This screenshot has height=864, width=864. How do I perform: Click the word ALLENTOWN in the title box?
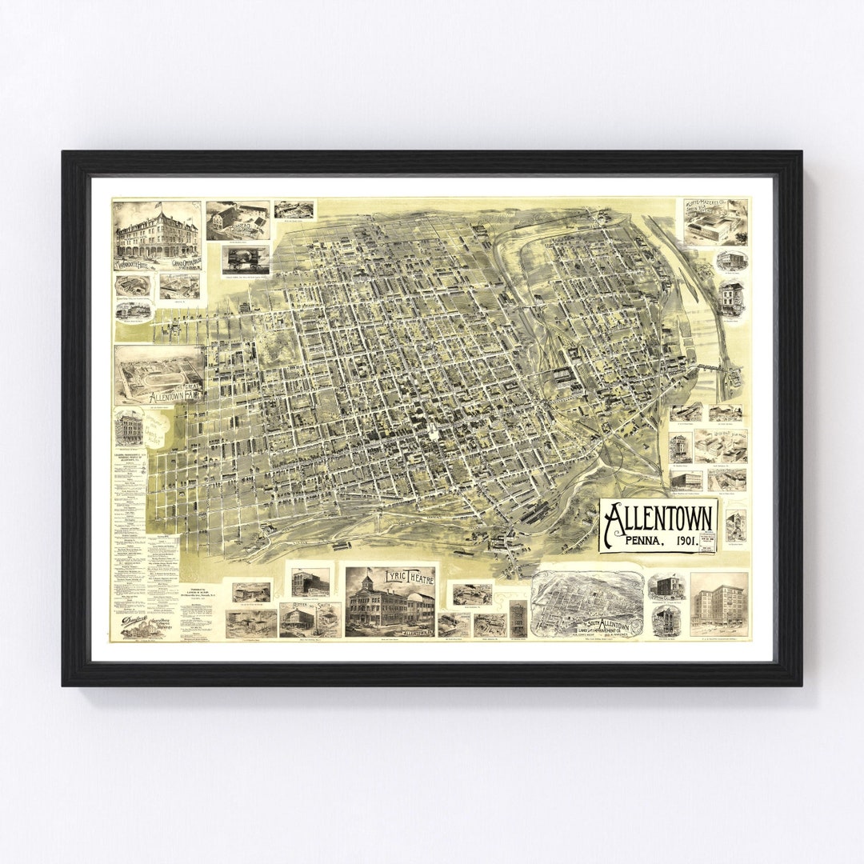pyautogui.click(x=658, y=521)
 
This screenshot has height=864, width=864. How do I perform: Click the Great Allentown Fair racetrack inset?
pyautogui.click(x=158, y=372)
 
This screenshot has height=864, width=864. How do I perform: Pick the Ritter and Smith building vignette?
pyautogui.click(x=310, y=618)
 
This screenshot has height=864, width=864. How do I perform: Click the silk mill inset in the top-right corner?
pyautogui.click(x=715, y=222)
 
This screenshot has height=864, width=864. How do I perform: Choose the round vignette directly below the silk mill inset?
pyautogui.click(x=730, y=260)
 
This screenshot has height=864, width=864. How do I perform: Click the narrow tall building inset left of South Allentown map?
pyautogui.click(x=518, y=618)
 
